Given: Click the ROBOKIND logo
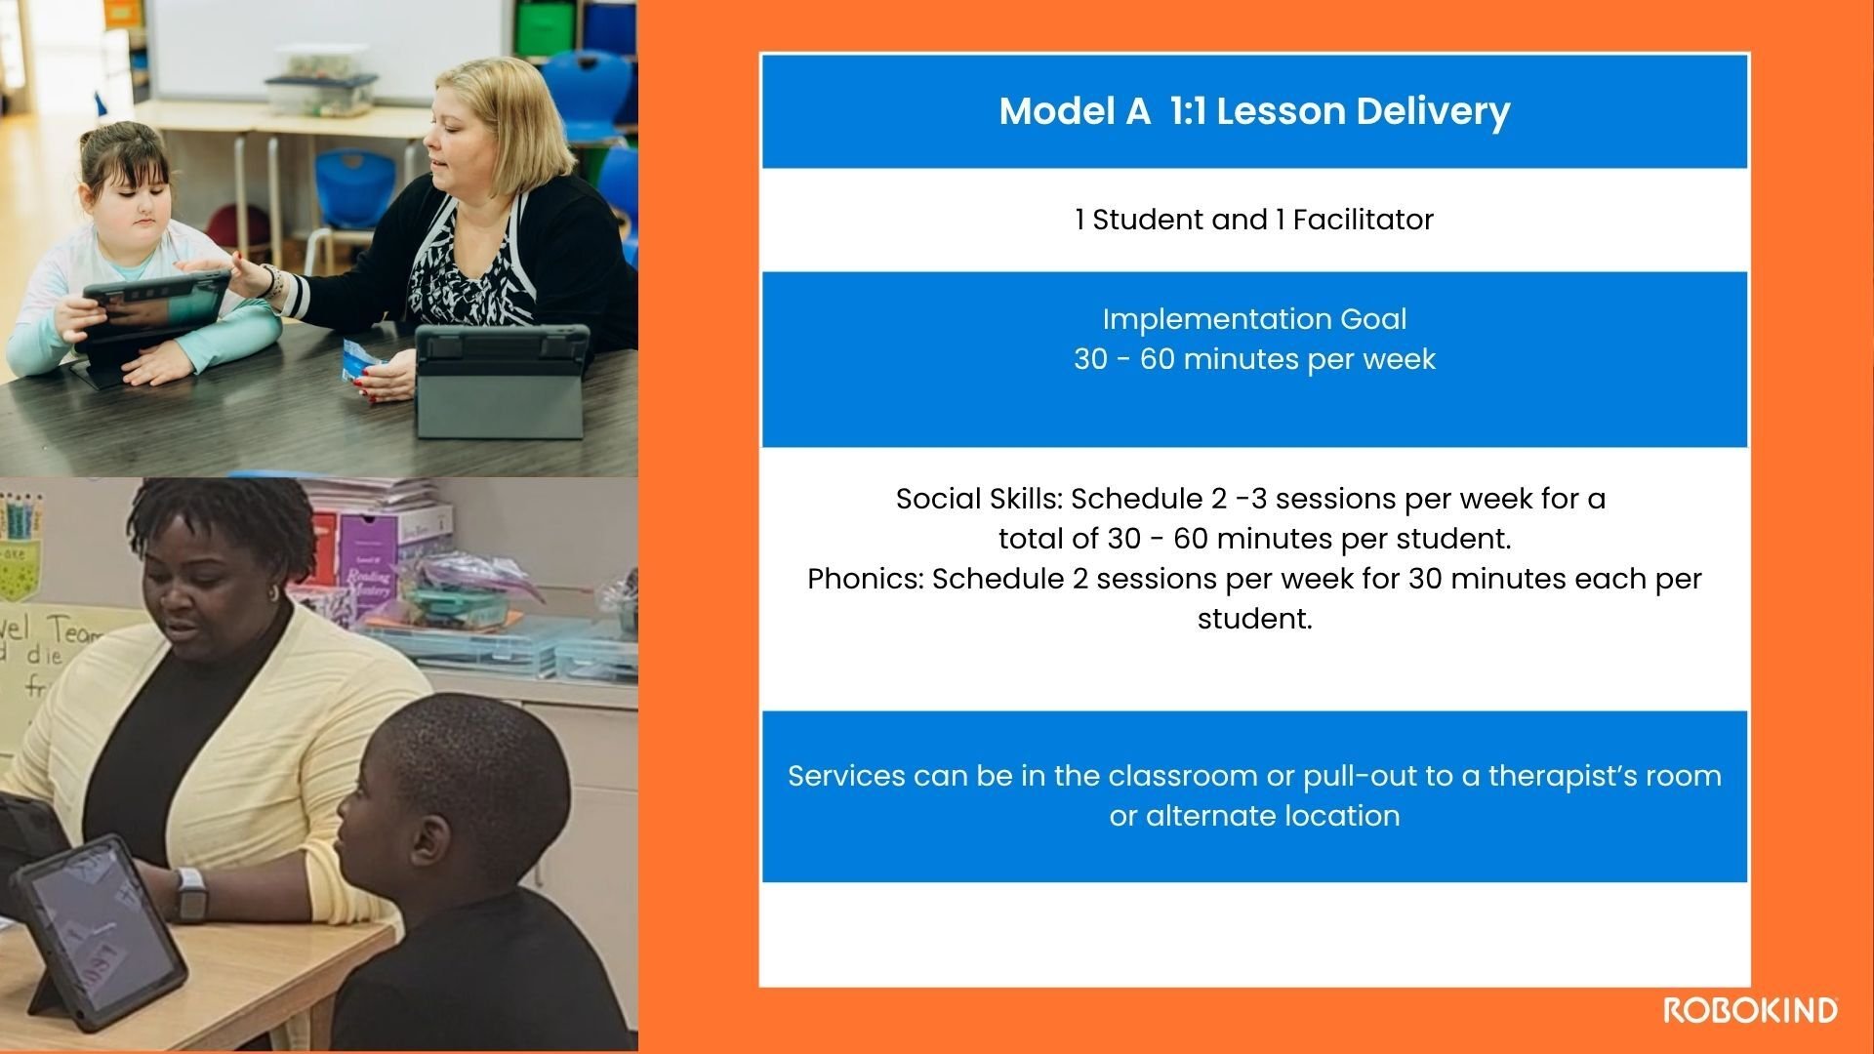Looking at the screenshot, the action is (1750, 1010).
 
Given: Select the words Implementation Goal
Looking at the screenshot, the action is (1254, 319).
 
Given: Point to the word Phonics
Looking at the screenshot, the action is (864, 579).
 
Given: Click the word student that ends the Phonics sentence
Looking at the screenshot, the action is (1254, 619).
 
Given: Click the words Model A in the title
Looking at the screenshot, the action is (1075, 112).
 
